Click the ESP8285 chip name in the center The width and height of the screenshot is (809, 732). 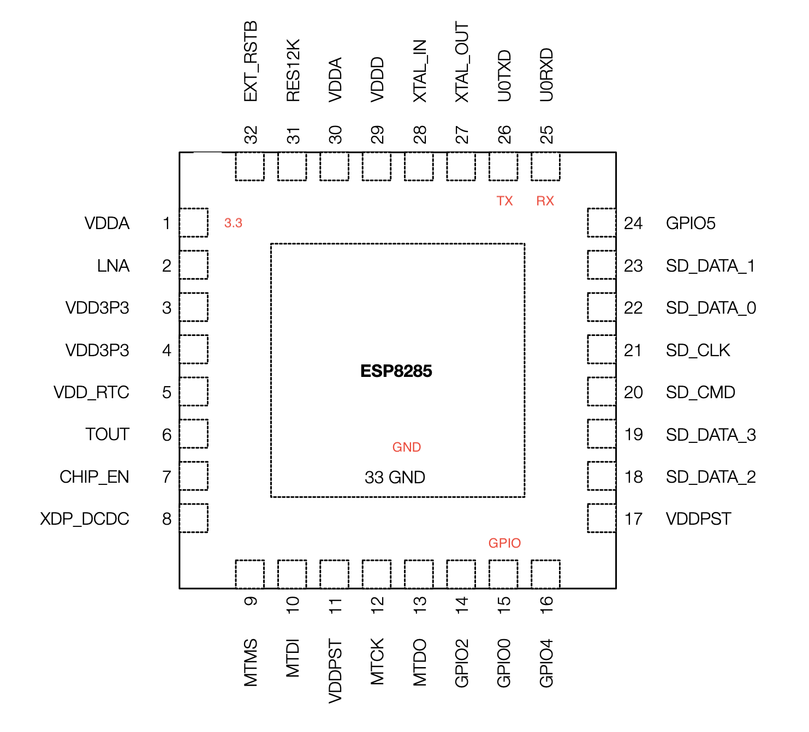pos(396,371)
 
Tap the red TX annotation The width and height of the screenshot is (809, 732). pos(504,201)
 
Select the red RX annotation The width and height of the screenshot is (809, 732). pos(545,201)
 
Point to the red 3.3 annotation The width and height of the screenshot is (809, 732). pos(233,223)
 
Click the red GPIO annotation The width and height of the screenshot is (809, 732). pos(504,543)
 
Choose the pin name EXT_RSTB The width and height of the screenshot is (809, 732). pos(251,62)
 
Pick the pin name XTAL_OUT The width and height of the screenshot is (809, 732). pos(462,62)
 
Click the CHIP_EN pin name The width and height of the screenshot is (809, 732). pos(94,477)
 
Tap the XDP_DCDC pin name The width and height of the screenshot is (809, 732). pos(85,519)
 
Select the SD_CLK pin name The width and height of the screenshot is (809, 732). pos(698,350)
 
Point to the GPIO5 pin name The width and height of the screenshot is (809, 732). pos(691,224)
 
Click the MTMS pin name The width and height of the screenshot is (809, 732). pos(251,663)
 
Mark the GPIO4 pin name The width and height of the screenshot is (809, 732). pos(546,663)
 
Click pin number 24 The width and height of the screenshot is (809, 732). pos(633,224)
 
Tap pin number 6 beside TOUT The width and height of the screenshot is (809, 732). pos(167,435)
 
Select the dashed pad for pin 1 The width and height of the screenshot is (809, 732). pos(194,223)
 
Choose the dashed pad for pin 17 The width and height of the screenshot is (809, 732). pos(602,518)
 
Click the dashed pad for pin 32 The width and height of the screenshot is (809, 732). pos(249,166)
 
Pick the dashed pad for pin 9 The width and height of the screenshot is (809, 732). pos(249,574)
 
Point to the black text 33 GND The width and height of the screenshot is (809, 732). pos(395,477)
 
